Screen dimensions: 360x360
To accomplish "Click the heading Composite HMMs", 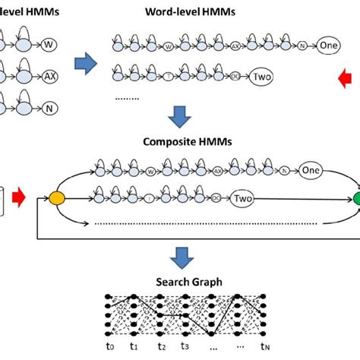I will (181, 142).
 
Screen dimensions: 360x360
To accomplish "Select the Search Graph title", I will (180, 282).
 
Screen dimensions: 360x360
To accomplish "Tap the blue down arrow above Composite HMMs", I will (180, 116).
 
